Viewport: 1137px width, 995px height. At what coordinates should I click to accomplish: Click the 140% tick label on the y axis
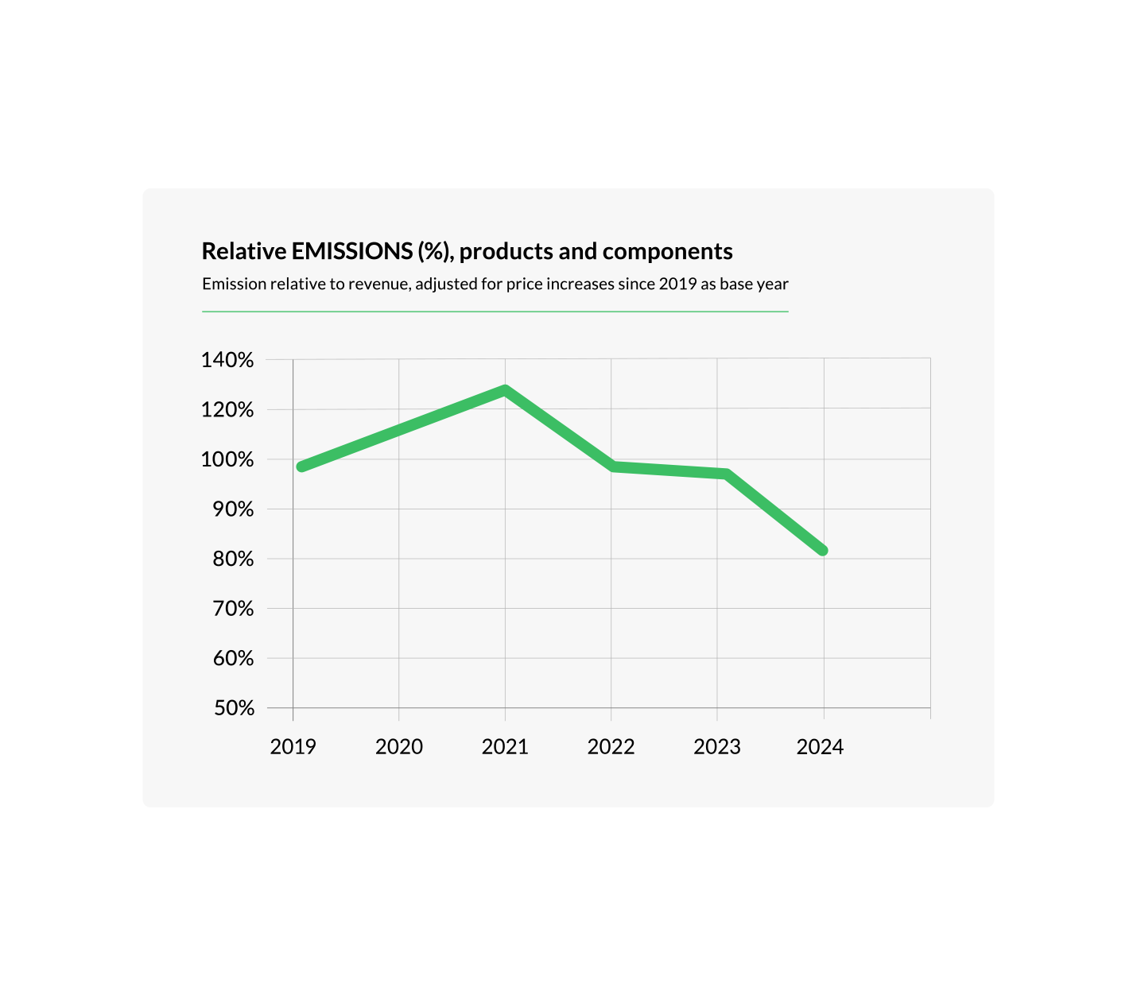(227, 360)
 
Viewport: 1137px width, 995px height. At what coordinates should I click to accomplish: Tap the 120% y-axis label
(227, 410)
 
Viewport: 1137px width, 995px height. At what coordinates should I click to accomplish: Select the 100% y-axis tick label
(227, 459)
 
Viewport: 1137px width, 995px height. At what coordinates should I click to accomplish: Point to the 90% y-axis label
(233, 509)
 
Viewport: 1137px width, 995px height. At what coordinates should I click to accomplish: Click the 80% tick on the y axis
(233, 559)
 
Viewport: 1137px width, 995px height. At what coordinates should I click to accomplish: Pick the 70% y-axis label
(233, 609)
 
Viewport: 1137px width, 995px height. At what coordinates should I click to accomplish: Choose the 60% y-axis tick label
(233, 658)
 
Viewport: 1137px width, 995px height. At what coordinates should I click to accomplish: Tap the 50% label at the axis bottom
(233, 708)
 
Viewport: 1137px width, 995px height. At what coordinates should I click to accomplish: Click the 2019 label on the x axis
(293, 747)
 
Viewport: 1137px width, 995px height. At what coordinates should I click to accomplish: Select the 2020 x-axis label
(399, 747)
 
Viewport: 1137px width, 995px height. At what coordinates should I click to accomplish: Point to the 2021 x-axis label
(505, 747)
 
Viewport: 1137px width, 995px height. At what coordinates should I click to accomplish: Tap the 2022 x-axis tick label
(611, 747)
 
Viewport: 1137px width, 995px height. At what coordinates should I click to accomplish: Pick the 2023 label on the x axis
(717, 747)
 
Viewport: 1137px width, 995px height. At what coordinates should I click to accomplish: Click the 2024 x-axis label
(820, 747)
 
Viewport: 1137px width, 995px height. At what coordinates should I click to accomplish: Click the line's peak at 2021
(505, 390)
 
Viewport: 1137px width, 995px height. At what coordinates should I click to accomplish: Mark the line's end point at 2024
(823, 550)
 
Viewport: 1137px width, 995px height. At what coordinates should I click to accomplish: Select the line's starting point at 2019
(301, 467)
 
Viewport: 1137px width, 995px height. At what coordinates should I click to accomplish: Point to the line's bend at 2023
(725, 474)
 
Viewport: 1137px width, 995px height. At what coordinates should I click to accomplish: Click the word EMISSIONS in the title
(352, 251)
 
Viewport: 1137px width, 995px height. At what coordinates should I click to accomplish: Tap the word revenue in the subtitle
(378, 284)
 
